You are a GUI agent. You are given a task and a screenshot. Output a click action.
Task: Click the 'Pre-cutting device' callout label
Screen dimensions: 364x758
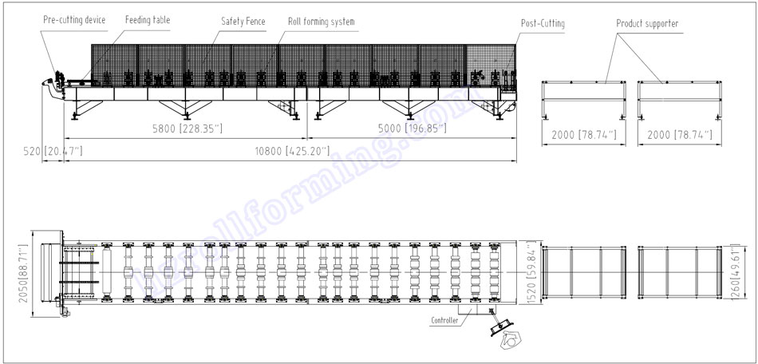click(x=73, y=19)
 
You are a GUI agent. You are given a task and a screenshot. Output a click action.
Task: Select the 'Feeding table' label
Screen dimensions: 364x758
click(x=147, y=19)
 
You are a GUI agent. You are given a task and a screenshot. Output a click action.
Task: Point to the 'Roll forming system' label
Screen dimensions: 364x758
click(x=321, y=22)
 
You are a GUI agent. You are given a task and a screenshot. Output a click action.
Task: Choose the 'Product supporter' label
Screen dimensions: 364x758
click(x=647, y=24)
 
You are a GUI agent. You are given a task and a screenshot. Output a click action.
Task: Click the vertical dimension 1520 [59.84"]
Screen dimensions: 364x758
click(x=531, y=275)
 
